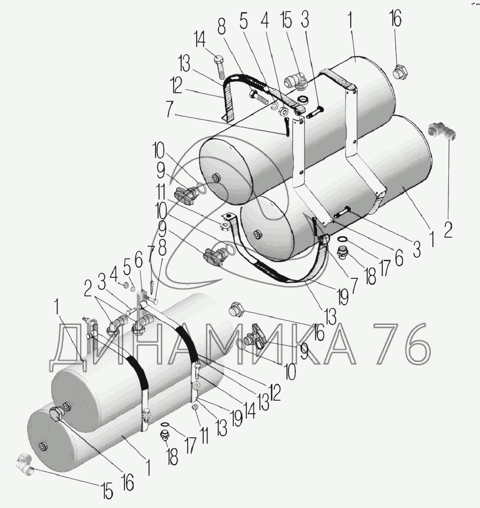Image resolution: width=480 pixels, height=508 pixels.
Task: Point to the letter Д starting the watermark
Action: [66, 346]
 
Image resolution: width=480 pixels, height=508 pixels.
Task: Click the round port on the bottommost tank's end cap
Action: [41, 446]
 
